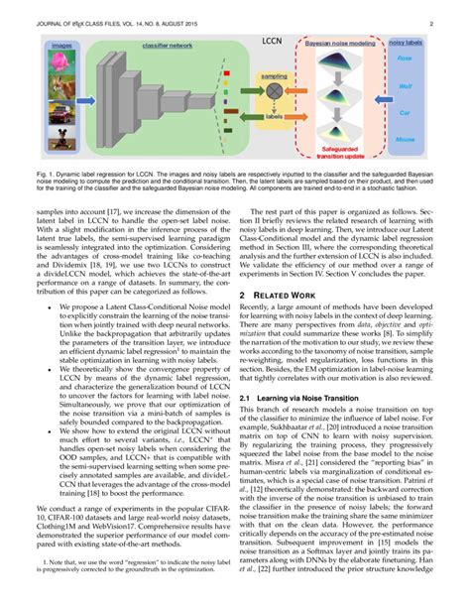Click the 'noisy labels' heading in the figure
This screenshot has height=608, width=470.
tap(406, 45)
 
